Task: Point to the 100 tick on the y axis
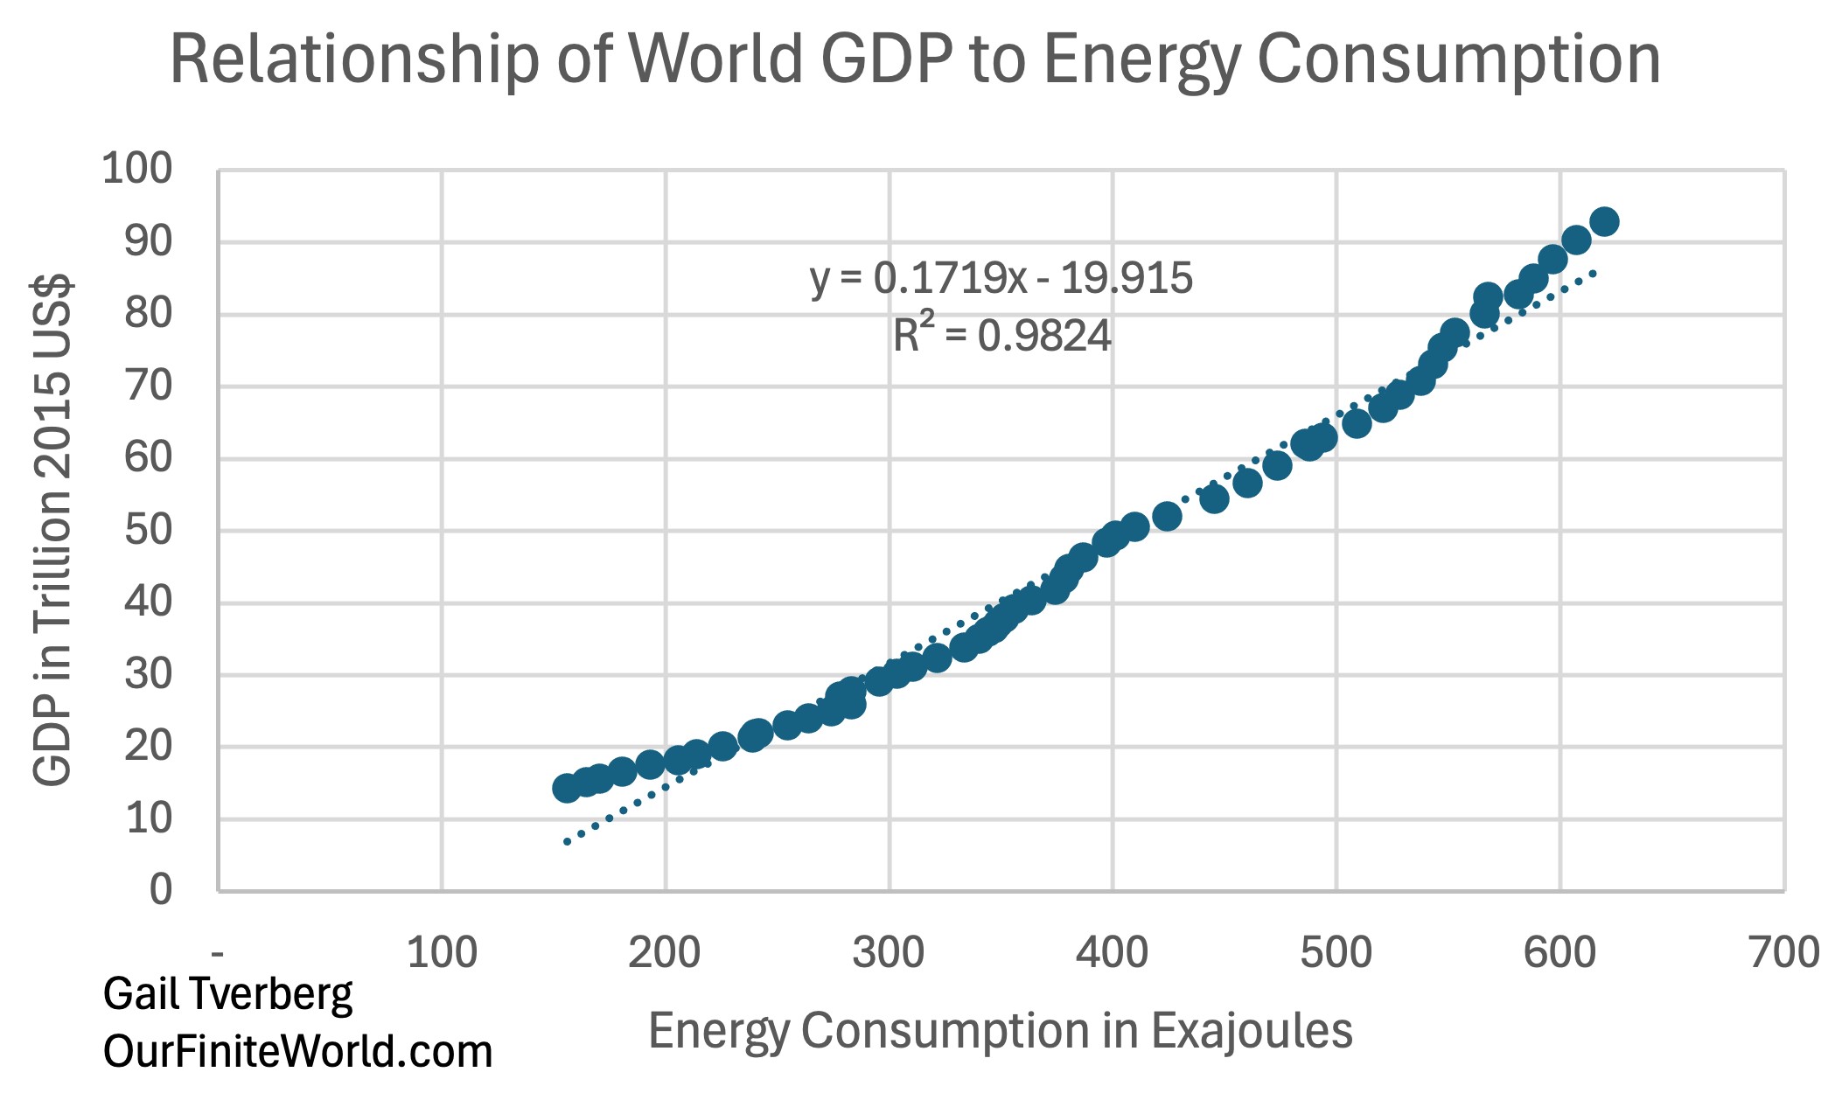tap(137, 168)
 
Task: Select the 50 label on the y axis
tap(148, 530)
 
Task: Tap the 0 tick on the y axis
tap(161, 889)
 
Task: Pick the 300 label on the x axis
tap(889, 951)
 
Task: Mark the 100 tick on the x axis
tap(442, 951)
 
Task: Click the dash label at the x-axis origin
tap(218, 952)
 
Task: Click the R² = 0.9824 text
tap(1001, 336)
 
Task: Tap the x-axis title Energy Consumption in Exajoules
tap(1000, 1030)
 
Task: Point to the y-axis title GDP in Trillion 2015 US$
tap(52, 530)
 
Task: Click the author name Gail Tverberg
tap(227, 994)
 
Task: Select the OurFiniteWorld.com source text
tap(297, 1051)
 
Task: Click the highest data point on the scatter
tap(1604, 221)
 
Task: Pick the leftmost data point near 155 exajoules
tap(567, 788)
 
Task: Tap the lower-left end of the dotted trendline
tap(568, 841)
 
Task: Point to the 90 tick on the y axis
tap(148, 241)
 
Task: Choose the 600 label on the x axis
tap(1559, 951)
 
